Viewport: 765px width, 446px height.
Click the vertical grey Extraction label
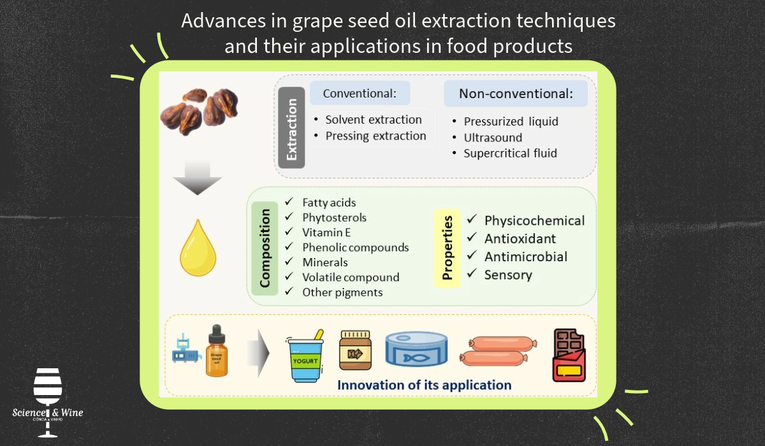pyautogui.click(x=291, y=127)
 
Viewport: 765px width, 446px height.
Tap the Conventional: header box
pyautogui.click(x=360, y=93)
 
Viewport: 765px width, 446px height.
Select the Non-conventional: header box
pyautogui.click(x=516, y=94)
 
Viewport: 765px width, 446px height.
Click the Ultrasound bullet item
pyautogui.click(x=493, y=138)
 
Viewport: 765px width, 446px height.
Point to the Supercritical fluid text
pyautogui.click(x=510, y=153)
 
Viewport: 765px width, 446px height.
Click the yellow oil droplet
pyautogui.click(x=198, y=248)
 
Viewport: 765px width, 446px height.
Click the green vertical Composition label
pyautogui.click(x=265, y=248)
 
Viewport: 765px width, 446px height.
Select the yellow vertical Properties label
pyautogui.click(x=447, y=248)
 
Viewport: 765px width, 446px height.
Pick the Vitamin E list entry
pyautogui.click(x=326, y=233)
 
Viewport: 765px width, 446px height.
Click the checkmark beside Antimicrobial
pyautogui.click(x=472, y=255)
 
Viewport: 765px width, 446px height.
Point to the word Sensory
pyautogui.click(x=508, y=275)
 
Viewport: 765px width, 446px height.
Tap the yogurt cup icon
pyautogui.click(x=305, y=356)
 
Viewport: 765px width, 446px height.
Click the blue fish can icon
pyautogui.click(x=416, y=349)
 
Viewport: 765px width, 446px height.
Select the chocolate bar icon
pyautogui.click(x=569, y=356)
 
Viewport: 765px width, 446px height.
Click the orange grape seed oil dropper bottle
pyautogui.click(x=217, y=351)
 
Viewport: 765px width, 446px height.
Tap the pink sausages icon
pyautogui.click(x=499, y=351)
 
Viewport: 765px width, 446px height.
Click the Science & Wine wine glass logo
pyautogui.click(x=47, y=403)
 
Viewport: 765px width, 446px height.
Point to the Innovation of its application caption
pyautogui.click(x=425, y=385)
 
